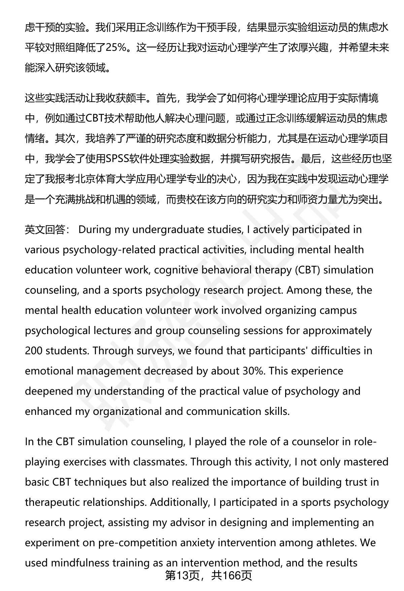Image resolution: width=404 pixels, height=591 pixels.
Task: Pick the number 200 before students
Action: tap(34, 351)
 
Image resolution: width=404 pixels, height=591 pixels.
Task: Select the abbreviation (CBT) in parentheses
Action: tap(307, 270)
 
